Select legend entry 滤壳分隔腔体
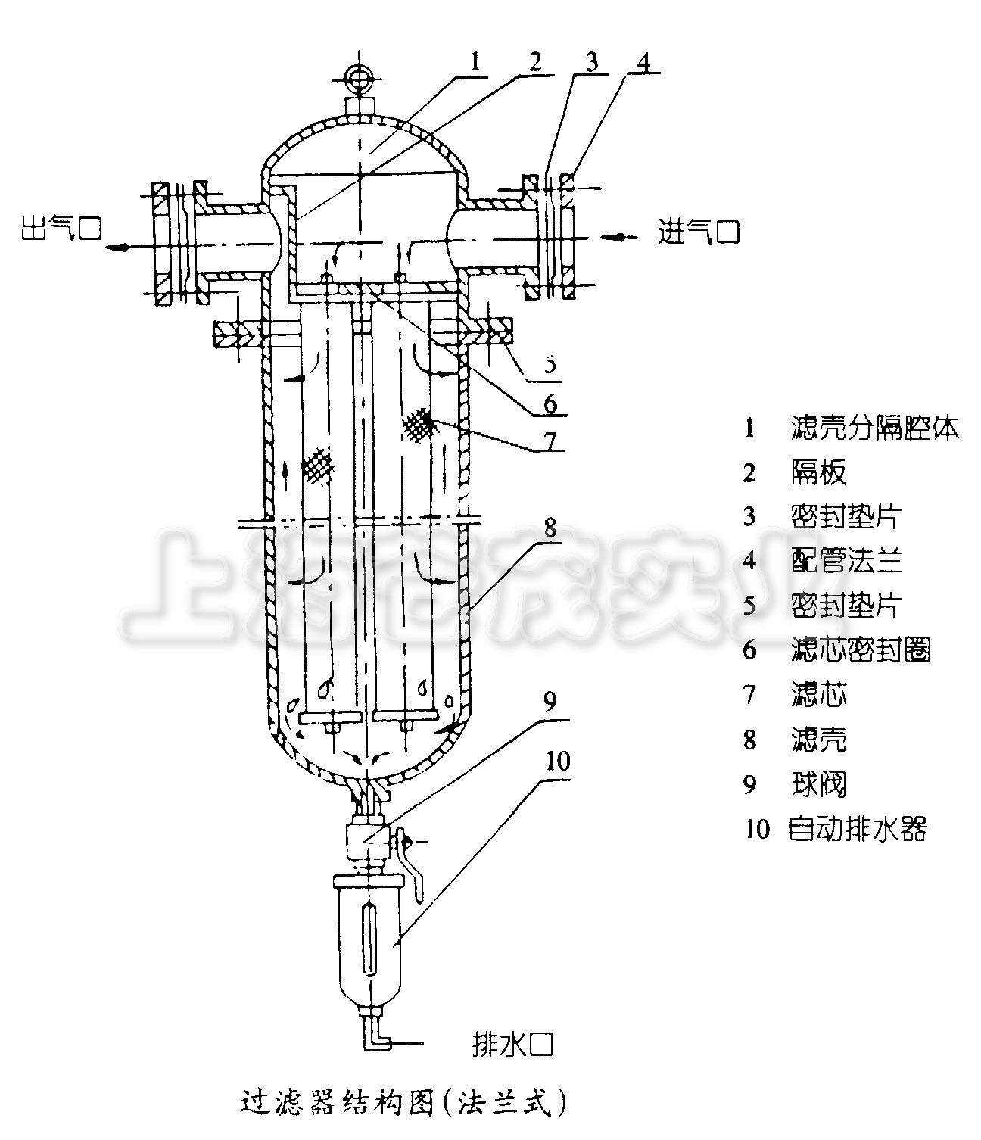(874, 428)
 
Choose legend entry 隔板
(818, 472)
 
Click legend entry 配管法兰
(846, 561)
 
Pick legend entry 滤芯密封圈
(861, 649)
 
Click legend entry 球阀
(818, 784)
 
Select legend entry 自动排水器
(858, 829)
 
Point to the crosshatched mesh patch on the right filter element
(419, 425)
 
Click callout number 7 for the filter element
(550, 439)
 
